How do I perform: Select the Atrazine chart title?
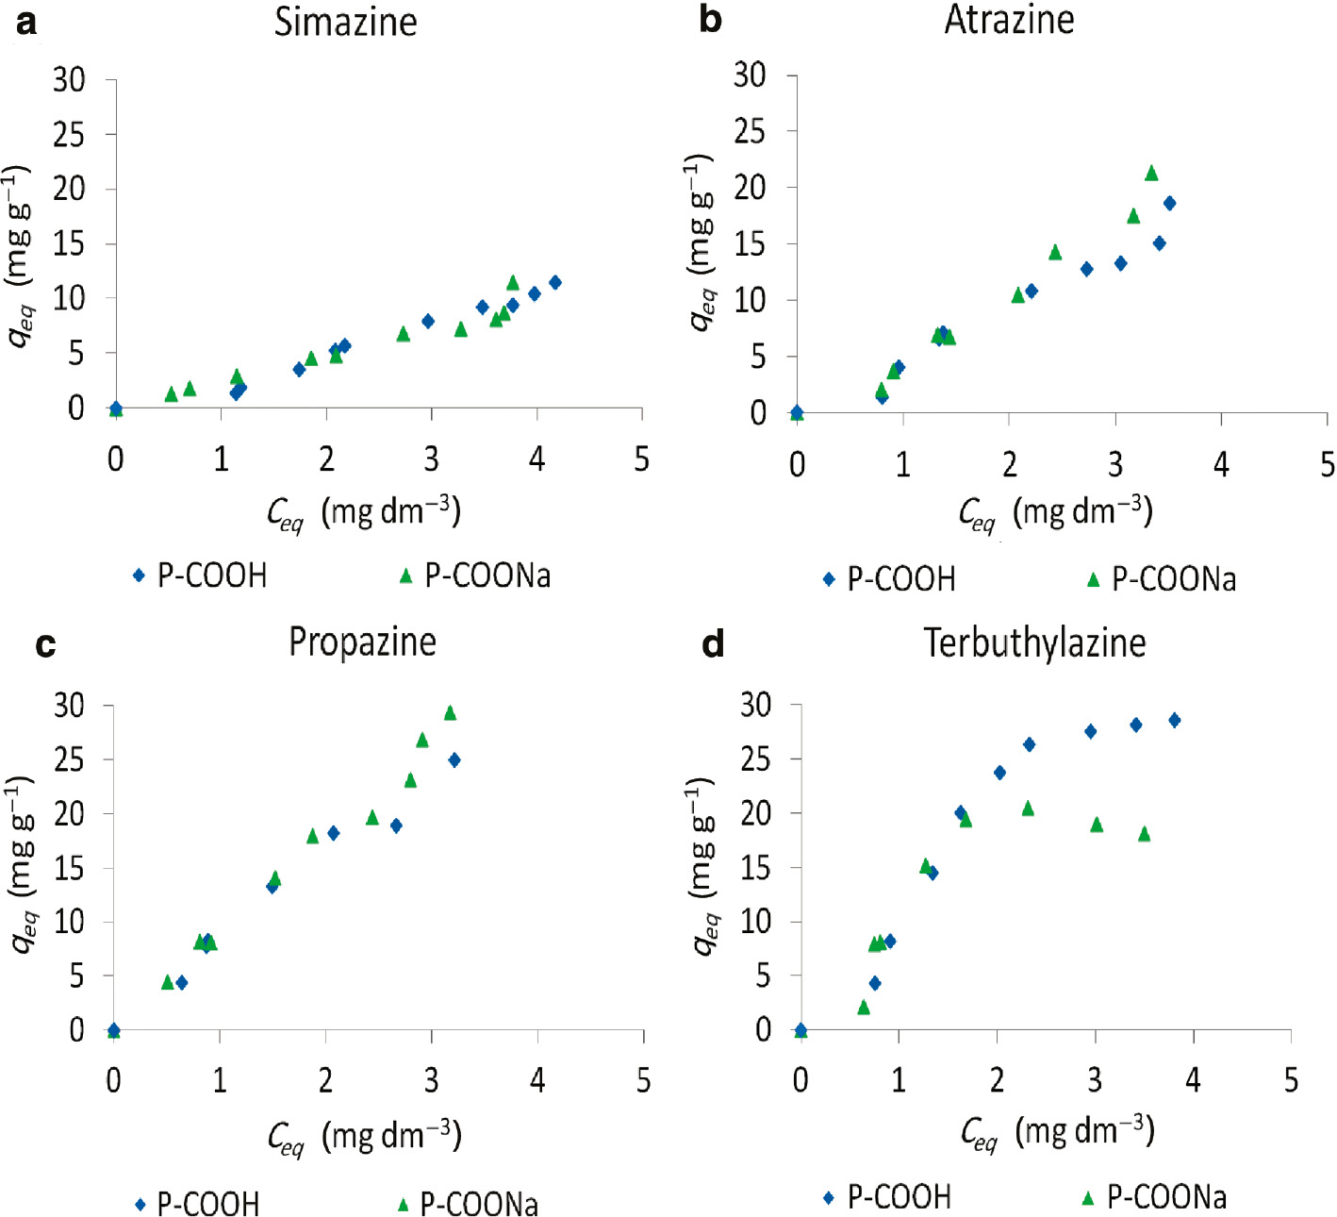pos(1009,20)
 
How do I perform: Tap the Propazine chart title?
pos(362,642)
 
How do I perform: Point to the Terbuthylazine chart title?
pos(1034,642)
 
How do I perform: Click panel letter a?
pos(26,22)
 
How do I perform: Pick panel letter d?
pos(714,644)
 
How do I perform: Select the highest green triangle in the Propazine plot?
pos(450,713)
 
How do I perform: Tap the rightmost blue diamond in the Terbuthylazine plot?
pos(1174,721)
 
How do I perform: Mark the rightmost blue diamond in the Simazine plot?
pos(555,282)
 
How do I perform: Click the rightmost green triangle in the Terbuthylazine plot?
pos(1145,834)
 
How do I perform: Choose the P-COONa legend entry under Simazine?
pos(475,575)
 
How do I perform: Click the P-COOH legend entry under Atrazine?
pos(889,579)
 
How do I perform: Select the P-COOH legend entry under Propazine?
pos(196,1204)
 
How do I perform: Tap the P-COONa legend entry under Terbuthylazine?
pos(1154,1198)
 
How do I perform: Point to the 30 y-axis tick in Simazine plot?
pos(69,80)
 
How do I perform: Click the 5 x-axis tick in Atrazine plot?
pos(1327,464)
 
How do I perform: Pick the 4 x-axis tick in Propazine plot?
pos(537,1081)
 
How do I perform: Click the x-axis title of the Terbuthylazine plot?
pos(1057,1131)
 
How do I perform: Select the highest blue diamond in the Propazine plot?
pos(454,760)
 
